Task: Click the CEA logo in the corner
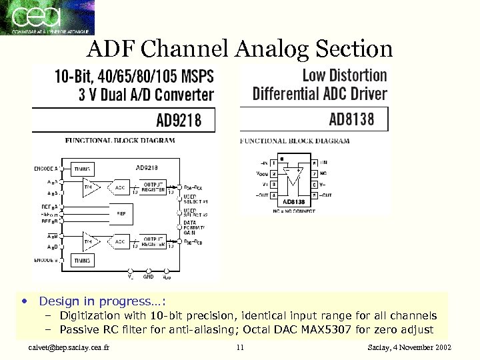(47, 17)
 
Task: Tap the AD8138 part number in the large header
(351, 120)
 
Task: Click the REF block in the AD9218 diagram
(121, 214)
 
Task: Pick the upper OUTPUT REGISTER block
(154, 187)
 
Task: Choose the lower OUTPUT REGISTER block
(154, 241)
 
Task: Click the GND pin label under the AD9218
(149, 275)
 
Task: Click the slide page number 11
(241, 348)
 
